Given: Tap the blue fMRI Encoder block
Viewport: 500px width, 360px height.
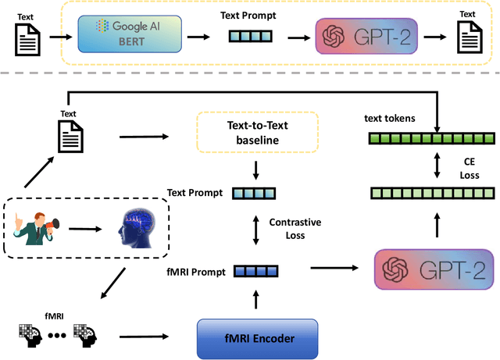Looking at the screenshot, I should (x=256, y=337).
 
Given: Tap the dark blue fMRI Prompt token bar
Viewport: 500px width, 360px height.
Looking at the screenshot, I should (x=257, y=271).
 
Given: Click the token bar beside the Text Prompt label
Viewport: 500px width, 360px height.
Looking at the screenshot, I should (x=257, y=192).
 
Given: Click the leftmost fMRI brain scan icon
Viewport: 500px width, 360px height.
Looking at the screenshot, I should (x=29, y=336).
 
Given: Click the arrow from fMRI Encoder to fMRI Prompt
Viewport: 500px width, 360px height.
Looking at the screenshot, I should (x=256, y=301).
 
